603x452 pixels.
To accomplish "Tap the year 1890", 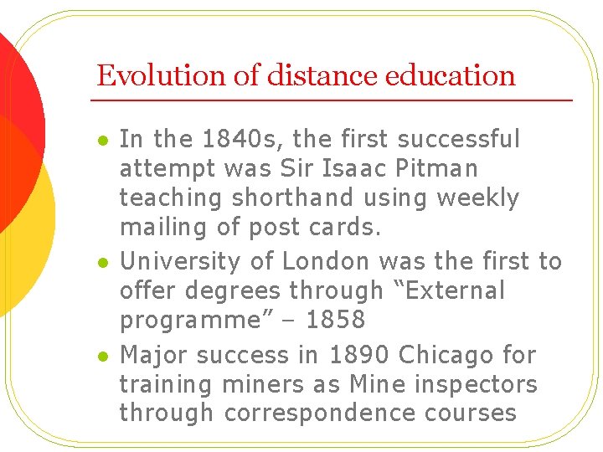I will click(x=358, y=355).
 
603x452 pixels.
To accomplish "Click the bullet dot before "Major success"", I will click(x=101, y=357).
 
